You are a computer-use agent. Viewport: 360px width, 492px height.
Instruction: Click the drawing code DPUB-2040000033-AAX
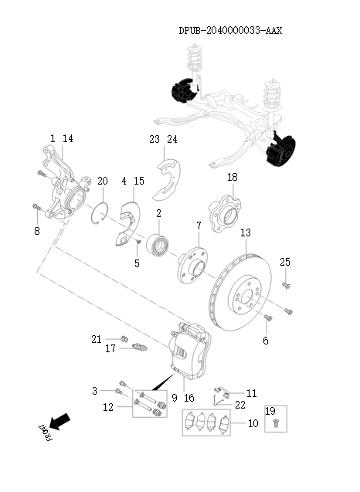(229, 32)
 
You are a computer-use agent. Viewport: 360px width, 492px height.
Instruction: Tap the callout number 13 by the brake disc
(245, 233)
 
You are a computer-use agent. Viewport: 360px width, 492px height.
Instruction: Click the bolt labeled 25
(285, 286)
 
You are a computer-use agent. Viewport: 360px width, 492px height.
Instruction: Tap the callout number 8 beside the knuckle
(36, 229)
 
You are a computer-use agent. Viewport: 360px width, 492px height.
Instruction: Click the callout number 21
(96, 339)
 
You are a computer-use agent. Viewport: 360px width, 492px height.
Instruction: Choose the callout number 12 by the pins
(108, 407)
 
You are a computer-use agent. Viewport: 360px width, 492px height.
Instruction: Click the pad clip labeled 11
(221, 395)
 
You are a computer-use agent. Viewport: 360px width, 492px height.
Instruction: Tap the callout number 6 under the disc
(265, 341)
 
